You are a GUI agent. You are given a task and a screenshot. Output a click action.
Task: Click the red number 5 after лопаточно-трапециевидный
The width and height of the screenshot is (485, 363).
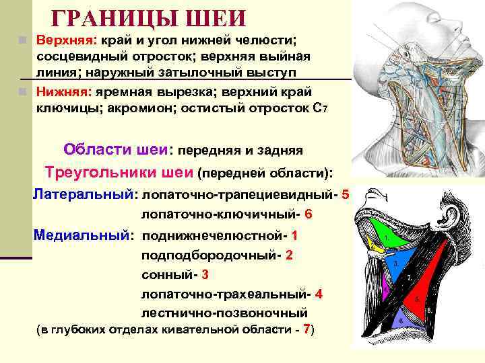(346, 195)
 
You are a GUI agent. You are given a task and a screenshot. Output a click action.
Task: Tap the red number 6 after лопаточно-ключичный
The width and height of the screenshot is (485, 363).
(309, 215)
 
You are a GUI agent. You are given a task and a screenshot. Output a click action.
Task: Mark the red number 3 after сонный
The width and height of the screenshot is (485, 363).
(205, 274)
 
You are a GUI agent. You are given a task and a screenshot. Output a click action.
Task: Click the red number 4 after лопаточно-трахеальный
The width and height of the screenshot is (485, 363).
(319, 294)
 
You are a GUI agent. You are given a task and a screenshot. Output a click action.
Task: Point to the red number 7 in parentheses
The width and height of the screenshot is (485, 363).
(306, 330)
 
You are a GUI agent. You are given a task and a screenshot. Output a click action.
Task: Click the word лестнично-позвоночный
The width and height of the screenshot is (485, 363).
(224, 313)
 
